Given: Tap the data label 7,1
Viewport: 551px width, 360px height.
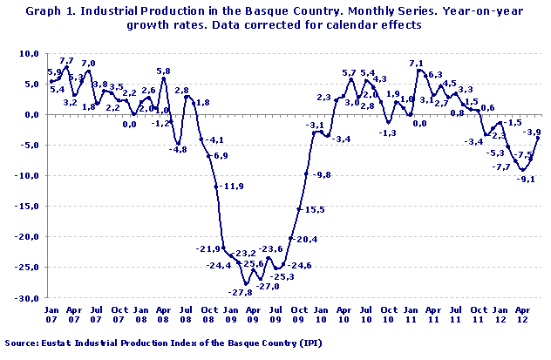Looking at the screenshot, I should [x=415, y=63].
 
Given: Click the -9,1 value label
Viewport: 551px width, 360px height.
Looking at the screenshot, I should [x=526, y=179].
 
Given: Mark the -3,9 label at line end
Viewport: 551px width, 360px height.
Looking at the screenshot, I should [x=530, y=132].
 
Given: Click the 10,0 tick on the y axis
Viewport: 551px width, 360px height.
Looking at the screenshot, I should [x=29, y=53].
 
